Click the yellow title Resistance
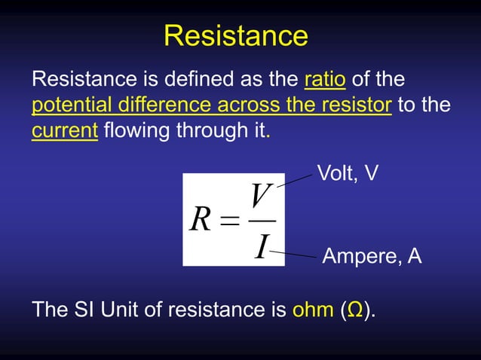pyautogui.click(x=235, y=35)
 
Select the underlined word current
pyautogui.click(x=65, y=130)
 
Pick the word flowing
pyautogui.click(x=136, y=130)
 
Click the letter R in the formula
pyautogui.click(x=201, y=220)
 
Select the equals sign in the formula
pyautogui.click(x=230, y=221)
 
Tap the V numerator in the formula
pyautogui.click(x=261, y=197)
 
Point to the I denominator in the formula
pyautogui.click(x=261, y=246)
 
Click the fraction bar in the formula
pyautogui.click(x=262, y=221)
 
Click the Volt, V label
pyautogui.click(x=348, y=174)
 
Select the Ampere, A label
pyautogui.click(x=372, y=257)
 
